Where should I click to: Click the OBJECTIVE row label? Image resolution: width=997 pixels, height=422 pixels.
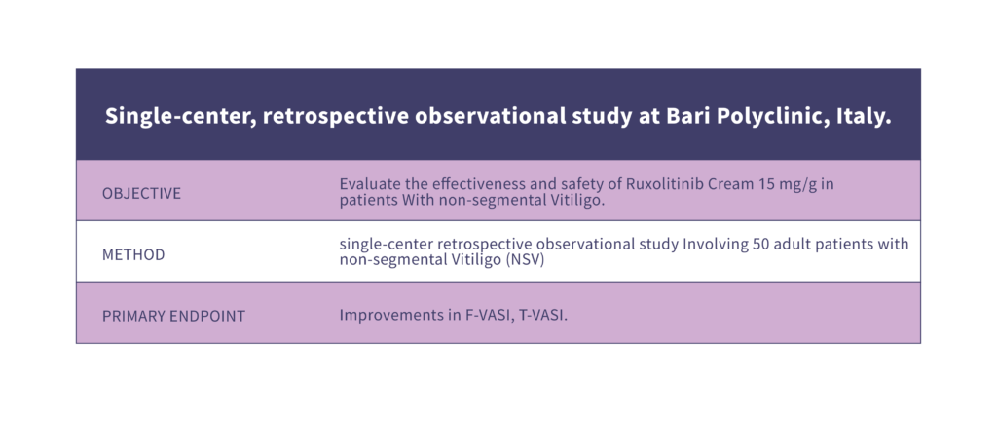(141, 194)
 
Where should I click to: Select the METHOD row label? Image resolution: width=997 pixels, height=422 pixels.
(133, 255)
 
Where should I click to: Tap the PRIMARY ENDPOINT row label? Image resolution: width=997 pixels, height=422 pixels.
(173, 317)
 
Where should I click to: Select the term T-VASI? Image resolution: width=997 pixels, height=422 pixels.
(542, 316)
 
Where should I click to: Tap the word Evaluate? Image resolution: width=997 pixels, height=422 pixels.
(366, 184)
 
